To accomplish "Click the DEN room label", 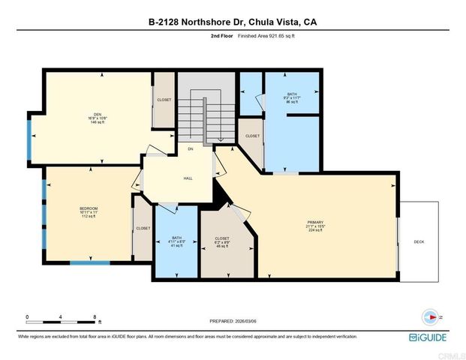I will tap(97, 114).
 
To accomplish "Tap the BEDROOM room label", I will tap(89, 208).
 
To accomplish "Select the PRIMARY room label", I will tap(314, 223).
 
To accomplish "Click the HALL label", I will tap(188, 178).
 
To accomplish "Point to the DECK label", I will tap(419, 241).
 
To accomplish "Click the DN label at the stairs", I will tap(191, 149).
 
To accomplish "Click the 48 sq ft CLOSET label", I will tap(221, 238).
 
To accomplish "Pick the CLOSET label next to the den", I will tap(164, 99).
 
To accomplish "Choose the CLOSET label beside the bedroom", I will tap(143, 228).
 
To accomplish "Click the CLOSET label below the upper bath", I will tap(252, 136).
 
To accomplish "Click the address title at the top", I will tap(233, 22).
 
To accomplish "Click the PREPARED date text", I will tap(233, 321).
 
